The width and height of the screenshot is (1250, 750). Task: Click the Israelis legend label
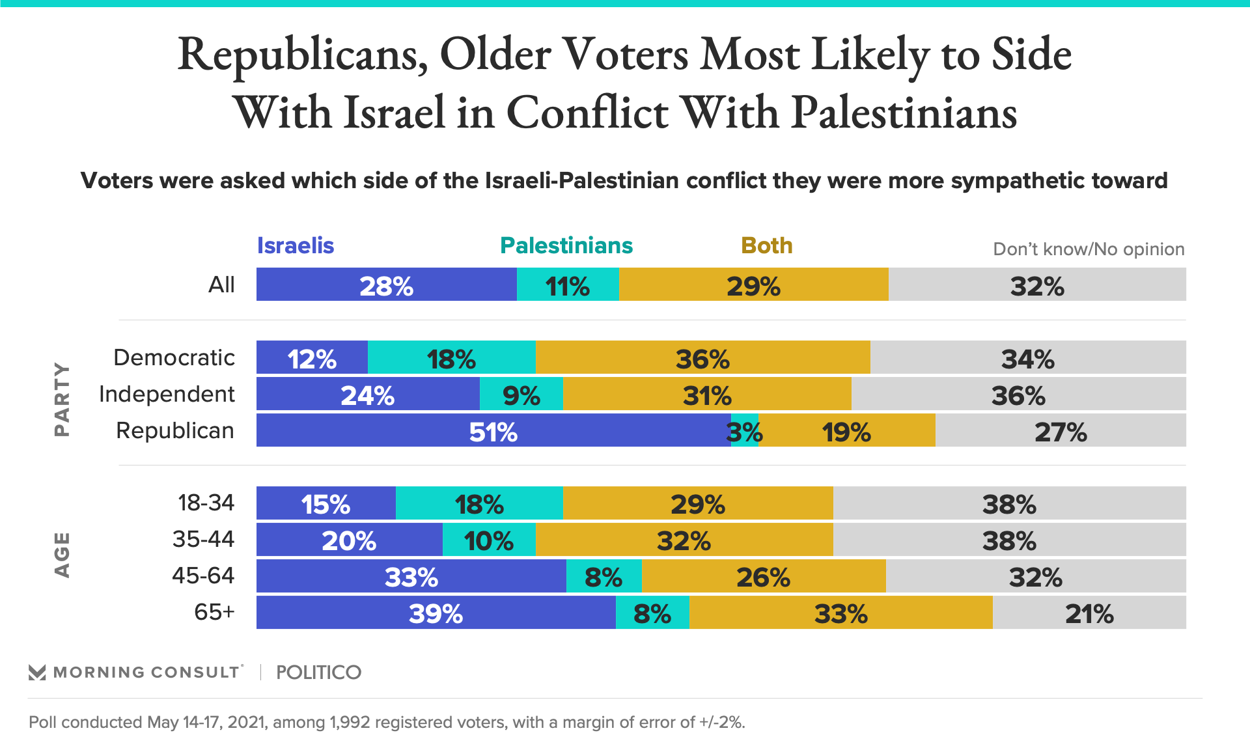coord(295,245)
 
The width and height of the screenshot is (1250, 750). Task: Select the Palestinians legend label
coord(566,245)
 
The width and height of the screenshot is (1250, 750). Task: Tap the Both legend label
coord(766,245)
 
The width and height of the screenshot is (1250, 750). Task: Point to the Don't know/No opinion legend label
coord(1088,249)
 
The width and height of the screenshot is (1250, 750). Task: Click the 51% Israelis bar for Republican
coord(493,430)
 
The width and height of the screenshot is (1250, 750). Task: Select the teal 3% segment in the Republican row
coord(745,430)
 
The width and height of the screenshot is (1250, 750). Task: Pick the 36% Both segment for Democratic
coord(702,357)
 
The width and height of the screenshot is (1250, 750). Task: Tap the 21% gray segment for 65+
coord(1089,613)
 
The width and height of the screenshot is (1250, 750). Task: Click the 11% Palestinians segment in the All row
coord(568,285)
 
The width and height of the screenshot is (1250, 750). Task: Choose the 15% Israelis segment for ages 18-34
coord(326,503)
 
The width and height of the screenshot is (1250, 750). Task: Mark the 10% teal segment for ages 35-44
coord(489,540)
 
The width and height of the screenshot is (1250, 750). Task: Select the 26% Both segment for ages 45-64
coord(763,576)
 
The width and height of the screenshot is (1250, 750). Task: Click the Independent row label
coord(167,394)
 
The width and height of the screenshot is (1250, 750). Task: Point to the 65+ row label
coord(214,612)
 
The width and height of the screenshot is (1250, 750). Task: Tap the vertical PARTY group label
coord(62,398)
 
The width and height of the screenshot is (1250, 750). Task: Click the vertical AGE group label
coord(62,555)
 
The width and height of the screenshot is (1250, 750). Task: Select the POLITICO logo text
coord(318,672)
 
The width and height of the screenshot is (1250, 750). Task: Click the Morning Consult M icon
coord(37,673)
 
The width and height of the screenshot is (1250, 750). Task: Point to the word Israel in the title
coord(394,112)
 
